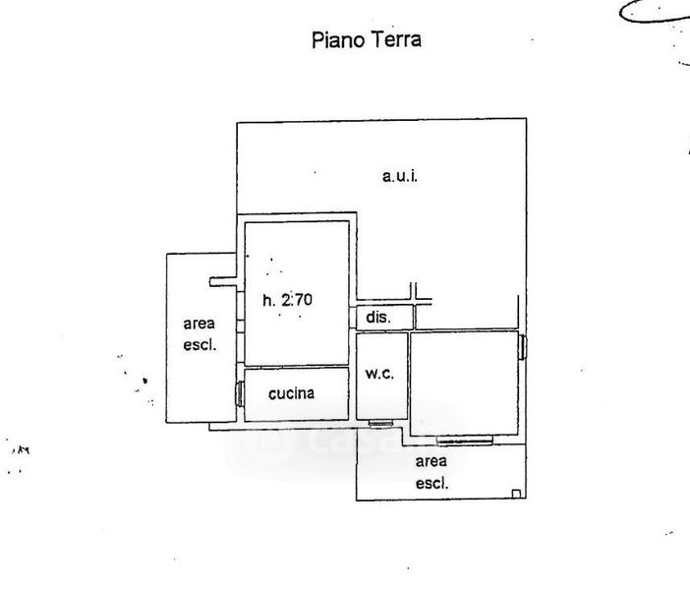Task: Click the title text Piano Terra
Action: pyautogui.click(x=367, y=40)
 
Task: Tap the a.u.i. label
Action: pyautogui.click(x=400, y=177)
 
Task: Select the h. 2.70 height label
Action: pyautogui.click(x=287, y=301)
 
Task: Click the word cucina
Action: pyautogui.click(x=292, y=393)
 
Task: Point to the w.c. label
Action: pyautogui.click(x=379, y=374)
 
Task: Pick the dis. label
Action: pyautogui.click(x=378, y=318)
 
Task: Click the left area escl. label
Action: pyautogui.click(x=199, y=333)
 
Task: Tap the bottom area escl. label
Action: pyautogui.click(x=431, y=472)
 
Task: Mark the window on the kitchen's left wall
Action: pyautogui.click(x=240, y=393)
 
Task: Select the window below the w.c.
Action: pyautogui.click(x=381, y=423)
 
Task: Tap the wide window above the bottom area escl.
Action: pyautogui.click(x=463, y=440)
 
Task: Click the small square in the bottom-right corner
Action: pyautogui.click(x=517, y=494)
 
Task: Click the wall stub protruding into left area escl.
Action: pyautogui.click(x=222, y=282)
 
